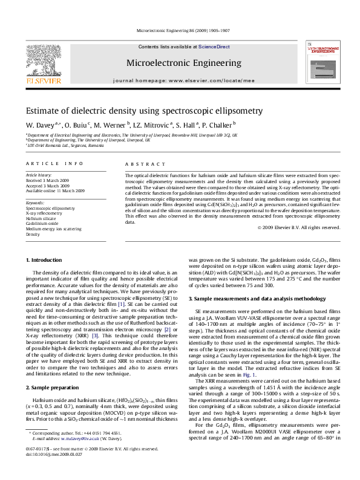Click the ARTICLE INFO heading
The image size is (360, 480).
pyautogui.click(x=54, y=164)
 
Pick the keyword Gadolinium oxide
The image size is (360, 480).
pyautogui.click(x=42, y=223)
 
